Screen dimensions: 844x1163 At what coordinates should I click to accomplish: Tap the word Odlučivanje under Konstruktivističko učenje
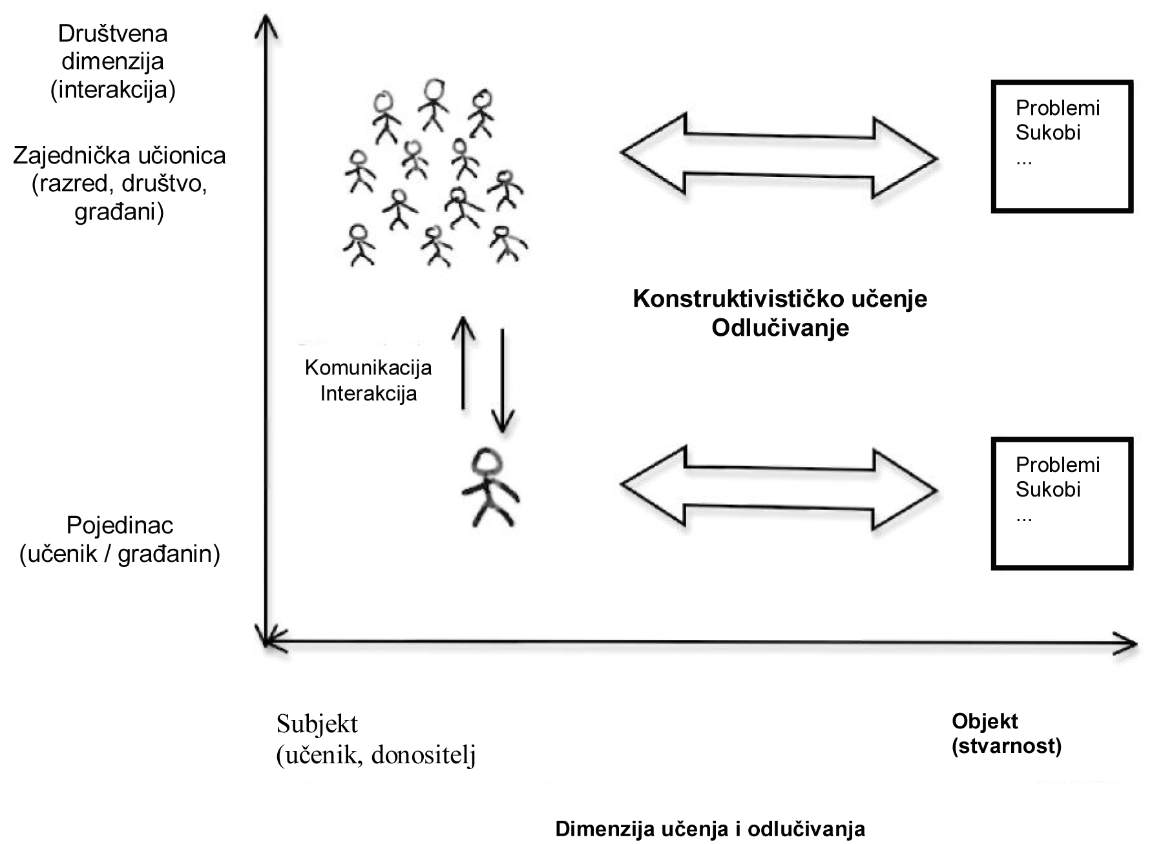[x=780, y=328]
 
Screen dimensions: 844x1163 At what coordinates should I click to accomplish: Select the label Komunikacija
[x=368, y=368]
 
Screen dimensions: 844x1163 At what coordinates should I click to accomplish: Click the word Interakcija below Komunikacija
[x=368, y=393]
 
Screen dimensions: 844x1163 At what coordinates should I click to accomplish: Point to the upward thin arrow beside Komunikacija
[x=463, y=362]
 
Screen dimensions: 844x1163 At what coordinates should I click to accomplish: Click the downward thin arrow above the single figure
[x=503, y=381]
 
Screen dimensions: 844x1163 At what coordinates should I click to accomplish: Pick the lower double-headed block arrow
[x=779, y=488]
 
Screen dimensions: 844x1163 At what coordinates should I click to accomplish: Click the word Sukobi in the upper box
[x=1047, y=133]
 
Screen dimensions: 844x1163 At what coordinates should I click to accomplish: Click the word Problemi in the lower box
[x=1057, y=465]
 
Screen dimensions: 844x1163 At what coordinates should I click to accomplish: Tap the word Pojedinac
[x=120, y=526]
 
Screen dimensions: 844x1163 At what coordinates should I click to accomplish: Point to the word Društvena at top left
[x=113, y=34]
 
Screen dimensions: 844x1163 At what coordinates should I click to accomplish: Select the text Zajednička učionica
[x=120, y=156]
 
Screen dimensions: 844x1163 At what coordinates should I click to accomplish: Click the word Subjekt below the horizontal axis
[x=317, y=724]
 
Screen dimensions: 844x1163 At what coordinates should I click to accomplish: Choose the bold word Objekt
[x=985, y=721]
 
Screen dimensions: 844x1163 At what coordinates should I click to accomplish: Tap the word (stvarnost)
[x=1007, y=746]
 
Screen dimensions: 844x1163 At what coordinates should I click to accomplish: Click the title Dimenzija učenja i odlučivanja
[x=710, y=829]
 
